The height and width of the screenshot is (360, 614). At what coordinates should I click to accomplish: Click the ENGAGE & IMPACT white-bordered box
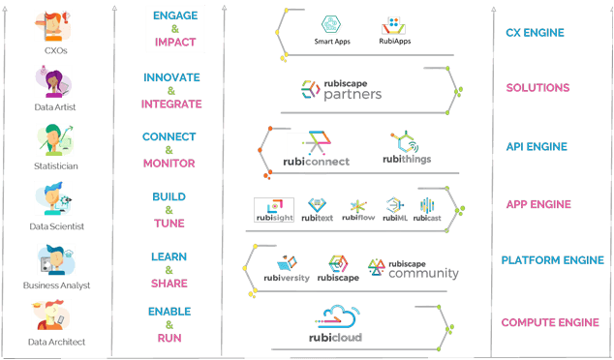click(174, 29)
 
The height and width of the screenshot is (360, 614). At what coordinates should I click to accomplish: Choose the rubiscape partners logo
click(341, 90)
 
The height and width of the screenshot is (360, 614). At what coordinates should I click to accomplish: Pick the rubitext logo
click(320, 208)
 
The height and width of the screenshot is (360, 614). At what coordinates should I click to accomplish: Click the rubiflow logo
click(358, 208)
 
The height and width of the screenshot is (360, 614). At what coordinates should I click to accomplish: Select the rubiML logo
click(393, 208)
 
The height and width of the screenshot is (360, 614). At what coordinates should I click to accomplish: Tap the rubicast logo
click(428, 208)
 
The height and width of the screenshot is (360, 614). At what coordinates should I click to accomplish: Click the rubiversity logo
click(286, 268)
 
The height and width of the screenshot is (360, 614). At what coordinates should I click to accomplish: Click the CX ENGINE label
click(535, 33)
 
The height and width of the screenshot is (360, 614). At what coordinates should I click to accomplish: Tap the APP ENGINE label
click(538, 205)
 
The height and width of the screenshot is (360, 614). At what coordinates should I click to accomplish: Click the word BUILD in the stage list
click(169, 197)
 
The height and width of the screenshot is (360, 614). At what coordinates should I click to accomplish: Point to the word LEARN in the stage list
click(169, 257)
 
